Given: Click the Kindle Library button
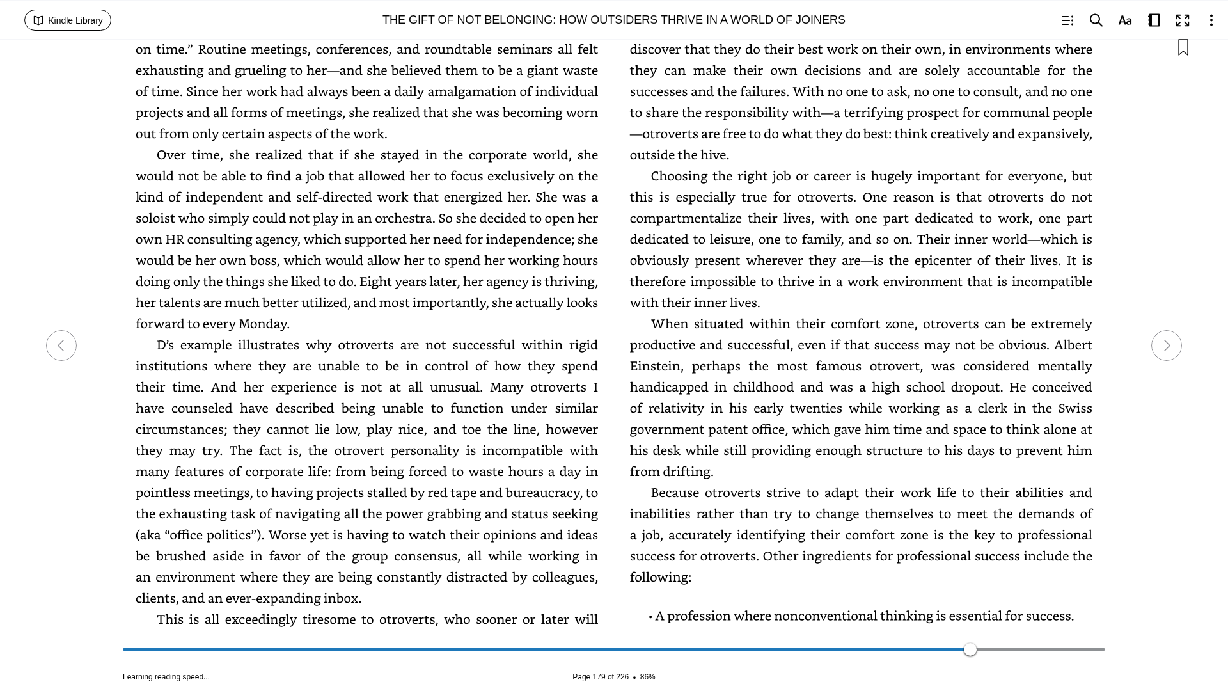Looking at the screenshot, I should point(68,20).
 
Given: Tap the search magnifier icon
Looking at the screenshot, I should point(1096,20).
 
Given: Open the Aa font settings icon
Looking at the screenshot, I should point(1125,20).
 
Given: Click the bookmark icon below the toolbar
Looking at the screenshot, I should point(1183,48).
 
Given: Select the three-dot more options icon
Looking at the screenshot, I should point(1211,20).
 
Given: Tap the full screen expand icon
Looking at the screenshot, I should point(1183,20).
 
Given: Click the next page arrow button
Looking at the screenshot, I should point(1166,345).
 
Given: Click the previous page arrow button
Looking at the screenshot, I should point(61,345).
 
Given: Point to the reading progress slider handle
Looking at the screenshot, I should point(970,649).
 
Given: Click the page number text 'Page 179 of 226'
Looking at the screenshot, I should point(600,677).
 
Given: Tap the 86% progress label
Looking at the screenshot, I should point(647,677).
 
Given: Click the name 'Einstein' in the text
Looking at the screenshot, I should point(655,366).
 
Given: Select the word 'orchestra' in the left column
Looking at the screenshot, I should point(404,218).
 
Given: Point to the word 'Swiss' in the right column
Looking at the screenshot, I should point(1074,408).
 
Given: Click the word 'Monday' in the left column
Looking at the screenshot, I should point(262,324).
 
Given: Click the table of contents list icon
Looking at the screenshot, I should point(1067,20).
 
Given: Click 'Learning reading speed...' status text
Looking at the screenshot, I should point(166,677).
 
